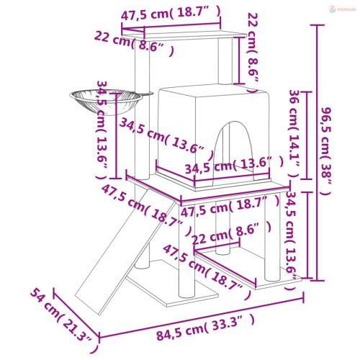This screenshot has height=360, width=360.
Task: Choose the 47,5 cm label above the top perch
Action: (171, 14)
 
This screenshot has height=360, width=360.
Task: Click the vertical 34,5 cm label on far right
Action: (292, 238)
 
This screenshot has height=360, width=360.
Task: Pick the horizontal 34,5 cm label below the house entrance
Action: (228, 167)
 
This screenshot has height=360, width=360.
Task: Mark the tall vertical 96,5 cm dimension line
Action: (315, 151)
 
